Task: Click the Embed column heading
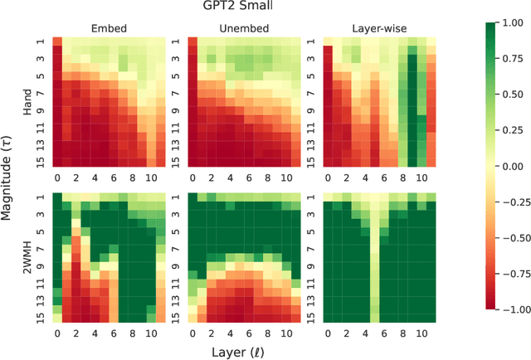coord(110,28)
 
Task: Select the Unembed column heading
coord(244,28)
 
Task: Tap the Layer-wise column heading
coord(378,28)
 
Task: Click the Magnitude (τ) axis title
coord(9,179)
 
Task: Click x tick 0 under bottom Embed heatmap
coord(57,333)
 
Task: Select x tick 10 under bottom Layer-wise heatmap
coord(421,333)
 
